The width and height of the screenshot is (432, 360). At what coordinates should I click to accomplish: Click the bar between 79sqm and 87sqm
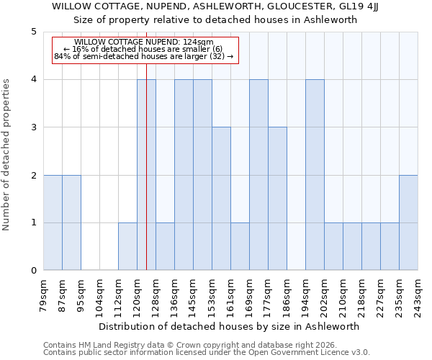click(53, 222)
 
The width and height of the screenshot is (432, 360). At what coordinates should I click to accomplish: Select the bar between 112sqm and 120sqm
click(127, 246)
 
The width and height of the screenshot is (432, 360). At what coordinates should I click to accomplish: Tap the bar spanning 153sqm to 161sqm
click(221, 199)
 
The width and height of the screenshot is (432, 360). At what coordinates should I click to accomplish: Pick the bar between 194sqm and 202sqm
click(315, 175)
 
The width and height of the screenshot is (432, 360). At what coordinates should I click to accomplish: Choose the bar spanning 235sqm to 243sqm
click(408, 222)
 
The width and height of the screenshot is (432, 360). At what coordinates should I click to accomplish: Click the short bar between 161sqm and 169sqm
click(240, 246)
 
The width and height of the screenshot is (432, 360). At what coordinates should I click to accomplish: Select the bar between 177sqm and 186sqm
click(277, 199)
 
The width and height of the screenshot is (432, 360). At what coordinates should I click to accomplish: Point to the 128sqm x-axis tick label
click(156, 294)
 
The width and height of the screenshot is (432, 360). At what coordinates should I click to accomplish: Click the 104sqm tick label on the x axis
click(100, 294)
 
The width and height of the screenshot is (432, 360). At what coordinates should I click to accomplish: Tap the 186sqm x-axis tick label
click(287, 294)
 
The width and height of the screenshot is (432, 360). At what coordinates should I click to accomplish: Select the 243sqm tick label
click(418, 294)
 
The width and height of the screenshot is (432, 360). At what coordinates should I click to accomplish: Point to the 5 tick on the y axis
click(33, 32)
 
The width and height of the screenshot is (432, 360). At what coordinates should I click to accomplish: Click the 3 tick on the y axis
click(33, 127)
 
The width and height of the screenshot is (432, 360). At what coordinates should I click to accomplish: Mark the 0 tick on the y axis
click(33, 271)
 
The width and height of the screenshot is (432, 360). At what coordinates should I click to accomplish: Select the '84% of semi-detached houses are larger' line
click(143, 56)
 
